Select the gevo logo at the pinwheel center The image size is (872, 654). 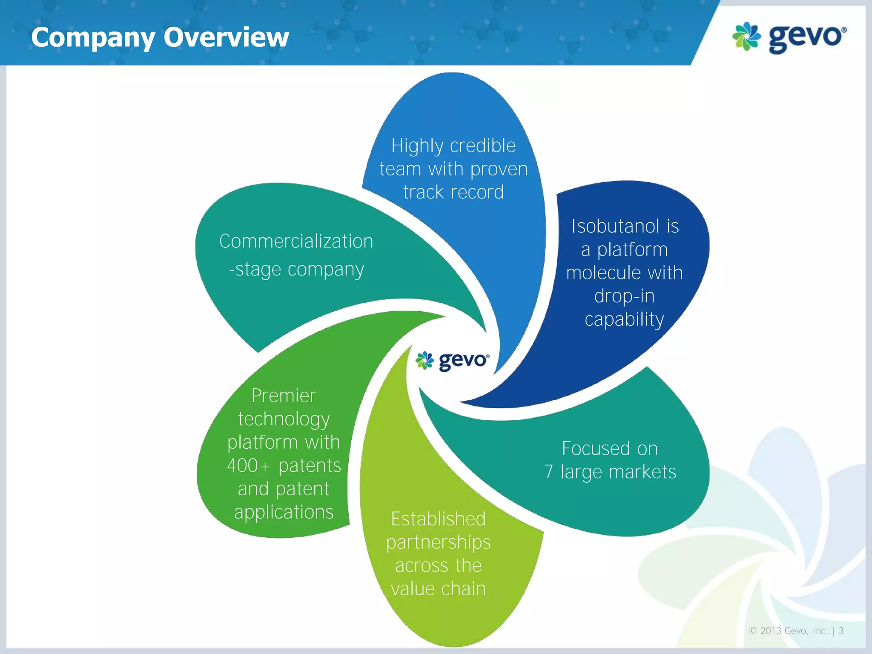[453, 361]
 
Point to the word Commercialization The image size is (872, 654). [296, 241]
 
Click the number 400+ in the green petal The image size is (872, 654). [248, 465]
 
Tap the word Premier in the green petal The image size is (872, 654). [284, 396]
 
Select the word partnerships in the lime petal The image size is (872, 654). [438, 542]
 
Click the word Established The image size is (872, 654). [438, 519]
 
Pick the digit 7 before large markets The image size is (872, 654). [549, 472]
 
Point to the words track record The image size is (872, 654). [453, 192]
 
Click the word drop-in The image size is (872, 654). [624, 296]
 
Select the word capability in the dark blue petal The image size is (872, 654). [624, 319]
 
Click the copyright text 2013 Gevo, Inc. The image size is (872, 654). [794, 631]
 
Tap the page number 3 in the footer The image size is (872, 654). [841, 631]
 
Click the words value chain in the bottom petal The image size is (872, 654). [438, 589]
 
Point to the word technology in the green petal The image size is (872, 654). [284, 419]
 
